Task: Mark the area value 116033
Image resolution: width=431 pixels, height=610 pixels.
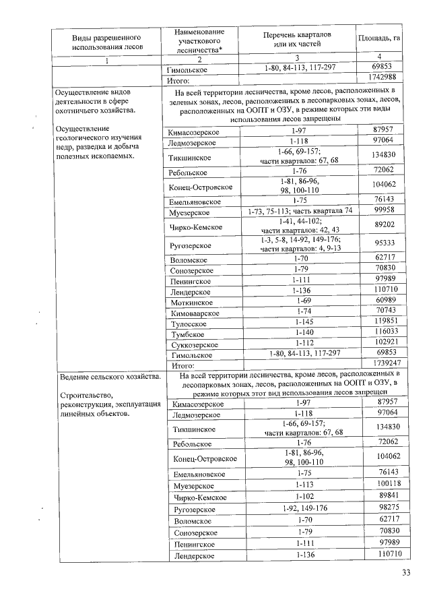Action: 380,334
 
